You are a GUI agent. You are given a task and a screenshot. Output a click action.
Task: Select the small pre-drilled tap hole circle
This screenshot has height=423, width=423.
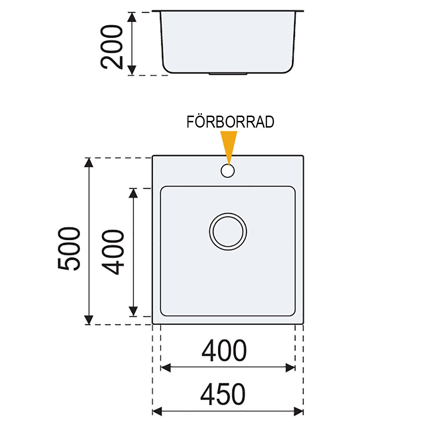coord(228,171)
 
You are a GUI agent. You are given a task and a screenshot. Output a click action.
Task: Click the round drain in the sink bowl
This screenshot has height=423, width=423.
coord(228,232)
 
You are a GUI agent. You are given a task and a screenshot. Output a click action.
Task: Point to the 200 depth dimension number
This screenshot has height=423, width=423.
coord(111,47)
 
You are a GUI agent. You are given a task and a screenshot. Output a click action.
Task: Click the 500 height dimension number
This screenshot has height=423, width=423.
coord(69,249)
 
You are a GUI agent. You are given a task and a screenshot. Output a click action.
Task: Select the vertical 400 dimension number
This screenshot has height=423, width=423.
coord(113,252)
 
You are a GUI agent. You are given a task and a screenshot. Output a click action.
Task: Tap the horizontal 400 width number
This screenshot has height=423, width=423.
coord(224,350)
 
